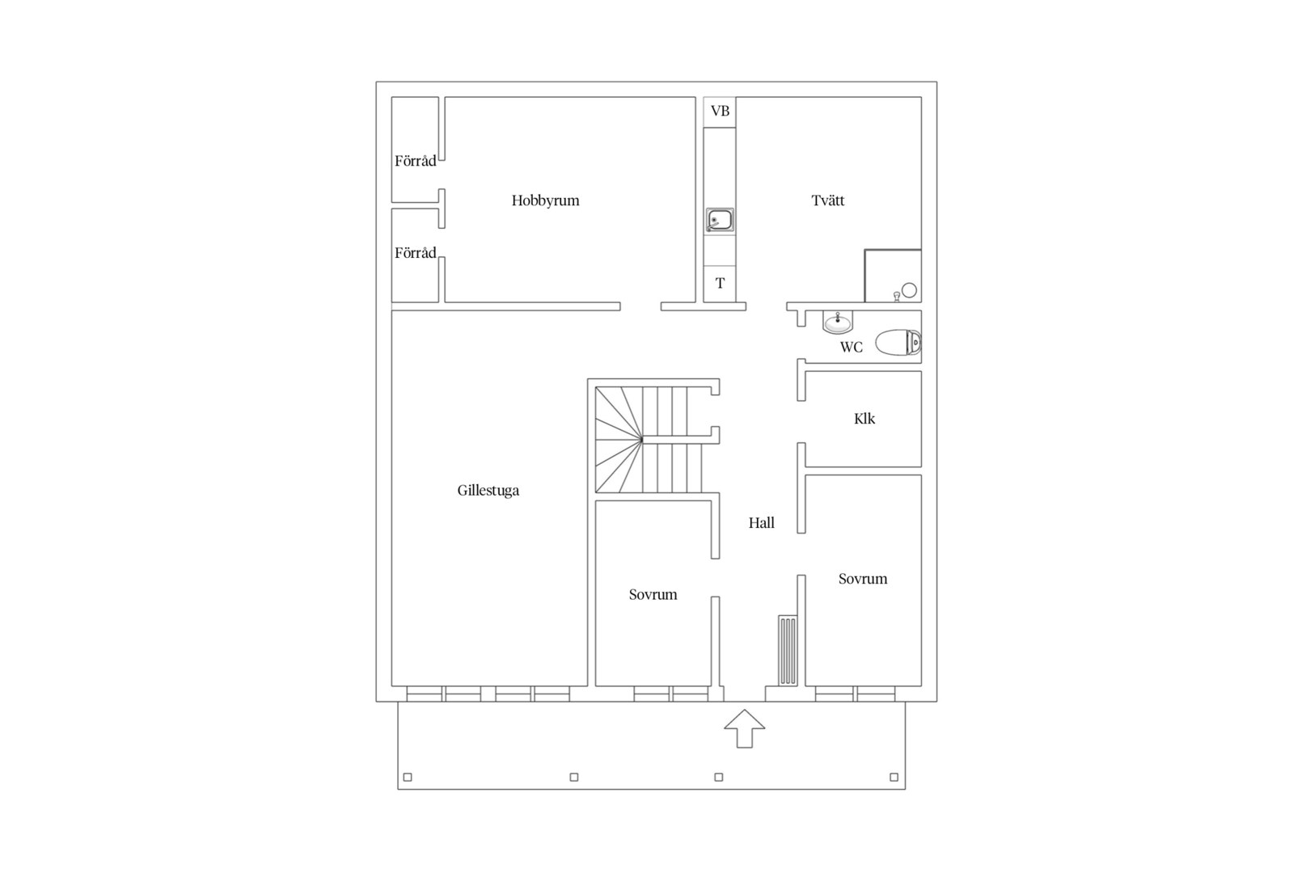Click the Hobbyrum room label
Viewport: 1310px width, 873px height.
[x=545, y=200]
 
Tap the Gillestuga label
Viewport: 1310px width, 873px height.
[x=488, y=490]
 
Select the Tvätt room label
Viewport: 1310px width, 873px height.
[x=827, y=200]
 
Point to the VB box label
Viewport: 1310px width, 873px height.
[x=720, y=111]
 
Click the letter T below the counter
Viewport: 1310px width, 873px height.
[x=720, y=283]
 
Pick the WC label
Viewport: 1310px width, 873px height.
[x=851, y=348]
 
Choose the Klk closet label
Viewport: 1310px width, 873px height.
[x=864, y=419]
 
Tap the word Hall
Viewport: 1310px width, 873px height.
[x=762, y=523]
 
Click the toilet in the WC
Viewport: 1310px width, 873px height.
[x=898, y=343]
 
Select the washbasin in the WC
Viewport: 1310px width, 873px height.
[x=838, y=322]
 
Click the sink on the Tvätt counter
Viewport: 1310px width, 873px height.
[x=720, y=221]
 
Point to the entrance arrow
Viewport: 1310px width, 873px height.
[x=745, y=728]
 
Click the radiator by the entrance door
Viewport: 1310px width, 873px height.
[x=788, y=650]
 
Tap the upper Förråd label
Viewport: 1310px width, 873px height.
[x=415, y=161]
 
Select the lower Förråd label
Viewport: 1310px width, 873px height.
[x=415, y=252]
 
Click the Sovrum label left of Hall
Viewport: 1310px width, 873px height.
[x=653, y=595]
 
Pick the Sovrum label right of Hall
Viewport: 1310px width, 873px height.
[x=863, y=579]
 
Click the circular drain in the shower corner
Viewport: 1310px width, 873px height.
[x=909, y=290]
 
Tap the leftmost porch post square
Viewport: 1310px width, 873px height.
[x=408, y=777]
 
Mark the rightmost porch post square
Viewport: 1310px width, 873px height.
[x=894, y=777]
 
